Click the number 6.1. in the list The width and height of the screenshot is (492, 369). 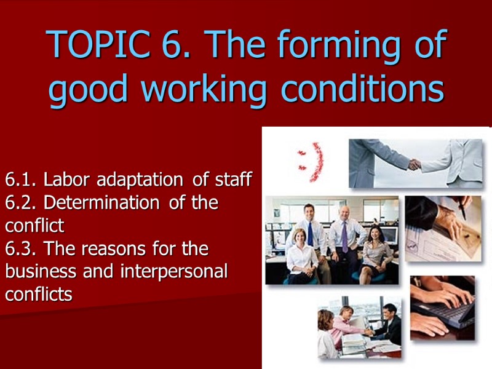pos(22,180)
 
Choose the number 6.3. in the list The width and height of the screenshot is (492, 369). pos(22,249)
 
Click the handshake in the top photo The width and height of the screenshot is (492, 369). pos(415,164)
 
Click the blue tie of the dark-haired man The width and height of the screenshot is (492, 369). pos(311,234)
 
